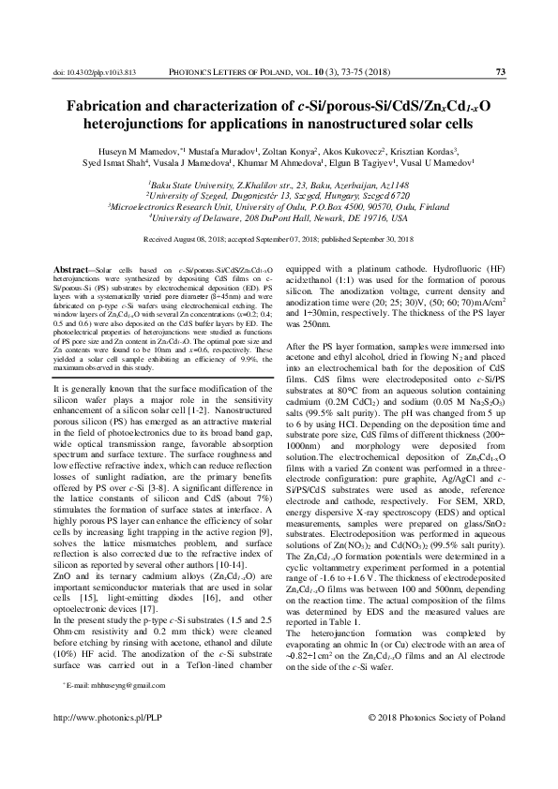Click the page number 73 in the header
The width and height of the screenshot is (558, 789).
[x=500, y=71]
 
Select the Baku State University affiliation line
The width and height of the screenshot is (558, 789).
[x=279, y=186]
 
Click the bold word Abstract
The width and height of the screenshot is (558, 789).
[x=73, y=269]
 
